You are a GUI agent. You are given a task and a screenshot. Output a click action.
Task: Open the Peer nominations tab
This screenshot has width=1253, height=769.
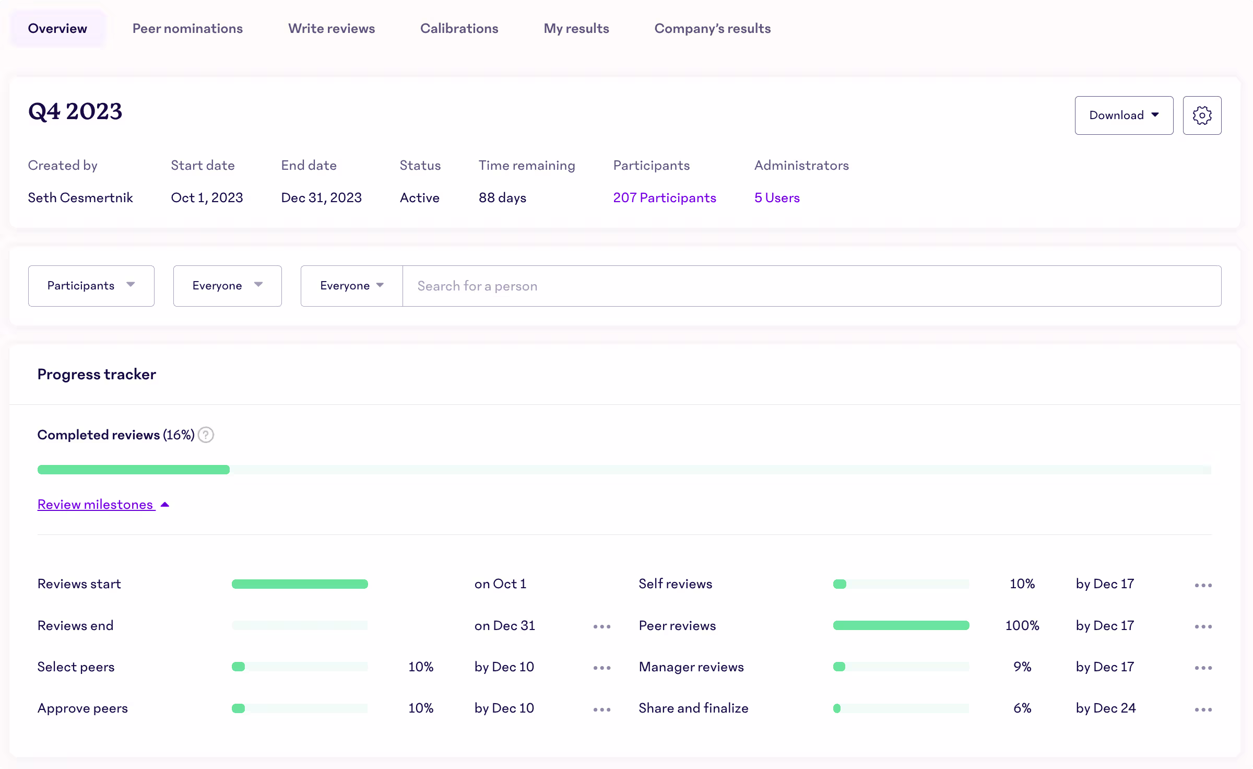187,29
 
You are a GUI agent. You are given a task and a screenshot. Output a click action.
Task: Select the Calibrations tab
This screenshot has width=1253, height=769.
459,29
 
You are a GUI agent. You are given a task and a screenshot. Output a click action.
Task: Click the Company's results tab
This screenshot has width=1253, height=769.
712,29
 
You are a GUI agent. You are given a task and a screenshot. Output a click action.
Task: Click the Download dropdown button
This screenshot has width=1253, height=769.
1124,115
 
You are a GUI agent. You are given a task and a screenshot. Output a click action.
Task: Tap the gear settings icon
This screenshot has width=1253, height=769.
1202,115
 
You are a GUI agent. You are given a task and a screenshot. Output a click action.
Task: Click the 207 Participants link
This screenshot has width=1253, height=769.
664,198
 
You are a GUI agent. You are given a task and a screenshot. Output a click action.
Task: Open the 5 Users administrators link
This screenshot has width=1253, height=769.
776,198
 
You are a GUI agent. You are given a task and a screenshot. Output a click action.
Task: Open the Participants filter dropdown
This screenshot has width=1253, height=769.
91,286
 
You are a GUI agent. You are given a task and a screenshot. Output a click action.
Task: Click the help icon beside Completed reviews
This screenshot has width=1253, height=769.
206,435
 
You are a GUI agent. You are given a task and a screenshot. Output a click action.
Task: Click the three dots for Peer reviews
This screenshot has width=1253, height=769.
1203,626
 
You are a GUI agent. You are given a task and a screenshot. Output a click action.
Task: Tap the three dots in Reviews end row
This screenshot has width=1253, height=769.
601,626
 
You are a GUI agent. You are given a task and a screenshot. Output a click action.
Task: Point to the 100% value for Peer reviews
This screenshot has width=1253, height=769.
1022,626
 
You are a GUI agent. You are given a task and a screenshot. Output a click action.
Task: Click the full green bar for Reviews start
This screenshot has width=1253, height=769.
300,584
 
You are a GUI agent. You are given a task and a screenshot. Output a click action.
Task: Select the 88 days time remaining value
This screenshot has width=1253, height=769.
502,198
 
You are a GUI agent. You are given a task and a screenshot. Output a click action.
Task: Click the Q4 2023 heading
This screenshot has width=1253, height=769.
75,112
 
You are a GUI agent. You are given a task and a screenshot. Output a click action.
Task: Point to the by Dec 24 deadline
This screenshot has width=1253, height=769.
1105,708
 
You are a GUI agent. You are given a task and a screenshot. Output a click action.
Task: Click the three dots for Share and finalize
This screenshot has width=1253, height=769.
1203,709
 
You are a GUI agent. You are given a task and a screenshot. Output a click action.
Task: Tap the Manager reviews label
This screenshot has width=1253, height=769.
691,667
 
